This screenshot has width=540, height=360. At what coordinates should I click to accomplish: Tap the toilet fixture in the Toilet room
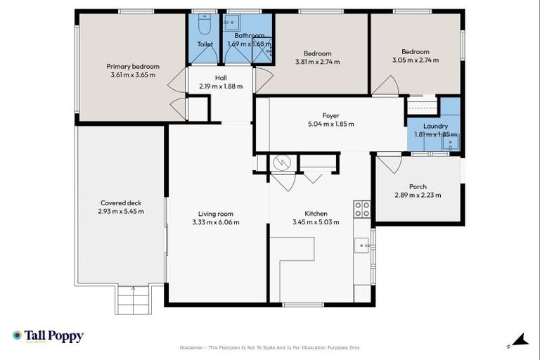click(205, 27)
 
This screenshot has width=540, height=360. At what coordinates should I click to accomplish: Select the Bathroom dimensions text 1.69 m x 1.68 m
click(249, 44)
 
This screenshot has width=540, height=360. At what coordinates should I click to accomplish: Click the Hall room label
click(220, 77)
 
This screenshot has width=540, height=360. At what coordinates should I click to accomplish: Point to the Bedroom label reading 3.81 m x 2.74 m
click(317, 62)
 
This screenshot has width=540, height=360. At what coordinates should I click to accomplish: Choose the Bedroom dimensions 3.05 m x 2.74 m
click(416, 60)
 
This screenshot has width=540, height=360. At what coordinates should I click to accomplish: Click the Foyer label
click(330, 115)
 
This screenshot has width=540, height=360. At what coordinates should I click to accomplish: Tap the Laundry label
click(435, 126)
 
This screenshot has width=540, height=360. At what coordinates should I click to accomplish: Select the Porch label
click(418, 186)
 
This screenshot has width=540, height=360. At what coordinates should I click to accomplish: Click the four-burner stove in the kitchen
click(362, 208)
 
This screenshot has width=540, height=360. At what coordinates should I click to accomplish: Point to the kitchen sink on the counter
click(362, 245)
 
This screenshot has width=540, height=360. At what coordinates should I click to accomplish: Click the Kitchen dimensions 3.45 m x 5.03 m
click(316, 222)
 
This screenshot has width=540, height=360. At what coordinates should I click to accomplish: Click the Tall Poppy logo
click(48, 337)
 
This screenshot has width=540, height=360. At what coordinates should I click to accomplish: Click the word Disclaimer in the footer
click(195, 348)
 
